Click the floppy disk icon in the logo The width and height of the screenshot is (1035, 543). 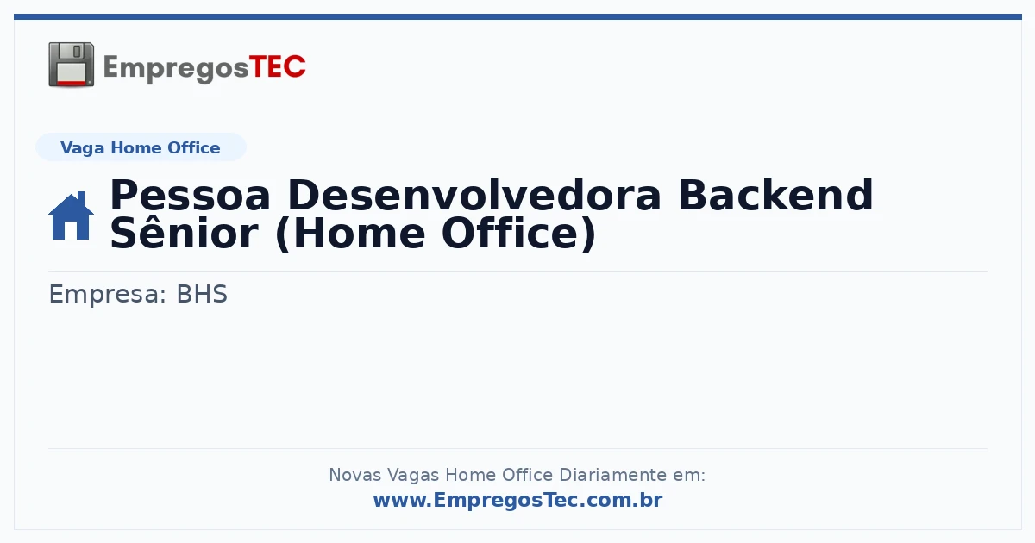point(71,65)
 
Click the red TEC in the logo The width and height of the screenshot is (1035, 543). point(277,67)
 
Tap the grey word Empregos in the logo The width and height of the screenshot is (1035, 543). point(176,69)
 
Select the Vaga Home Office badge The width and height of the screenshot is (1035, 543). point(141,147)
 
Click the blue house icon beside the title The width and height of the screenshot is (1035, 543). point(71,215)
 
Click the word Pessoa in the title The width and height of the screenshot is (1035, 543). point(190,196)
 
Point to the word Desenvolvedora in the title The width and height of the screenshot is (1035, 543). point(474,196)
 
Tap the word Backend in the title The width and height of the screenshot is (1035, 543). point(775,196)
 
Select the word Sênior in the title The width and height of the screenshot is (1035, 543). point(184,234)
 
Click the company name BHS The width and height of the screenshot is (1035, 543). point(202,294)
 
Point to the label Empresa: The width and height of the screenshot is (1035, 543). point(107,295)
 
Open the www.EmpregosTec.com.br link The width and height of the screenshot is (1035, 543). point(518,500)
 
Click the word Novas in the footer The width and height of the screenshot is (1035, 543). point(354,475)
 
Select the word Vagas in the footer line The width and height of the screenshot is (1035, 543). point(412,476)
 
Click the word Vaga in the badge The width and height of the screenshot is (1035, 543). point(82,148)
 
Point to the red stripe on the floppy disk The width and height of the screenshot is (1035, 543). point(72,82)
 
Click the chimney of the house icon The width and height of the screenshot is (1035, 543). point(81,197)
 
